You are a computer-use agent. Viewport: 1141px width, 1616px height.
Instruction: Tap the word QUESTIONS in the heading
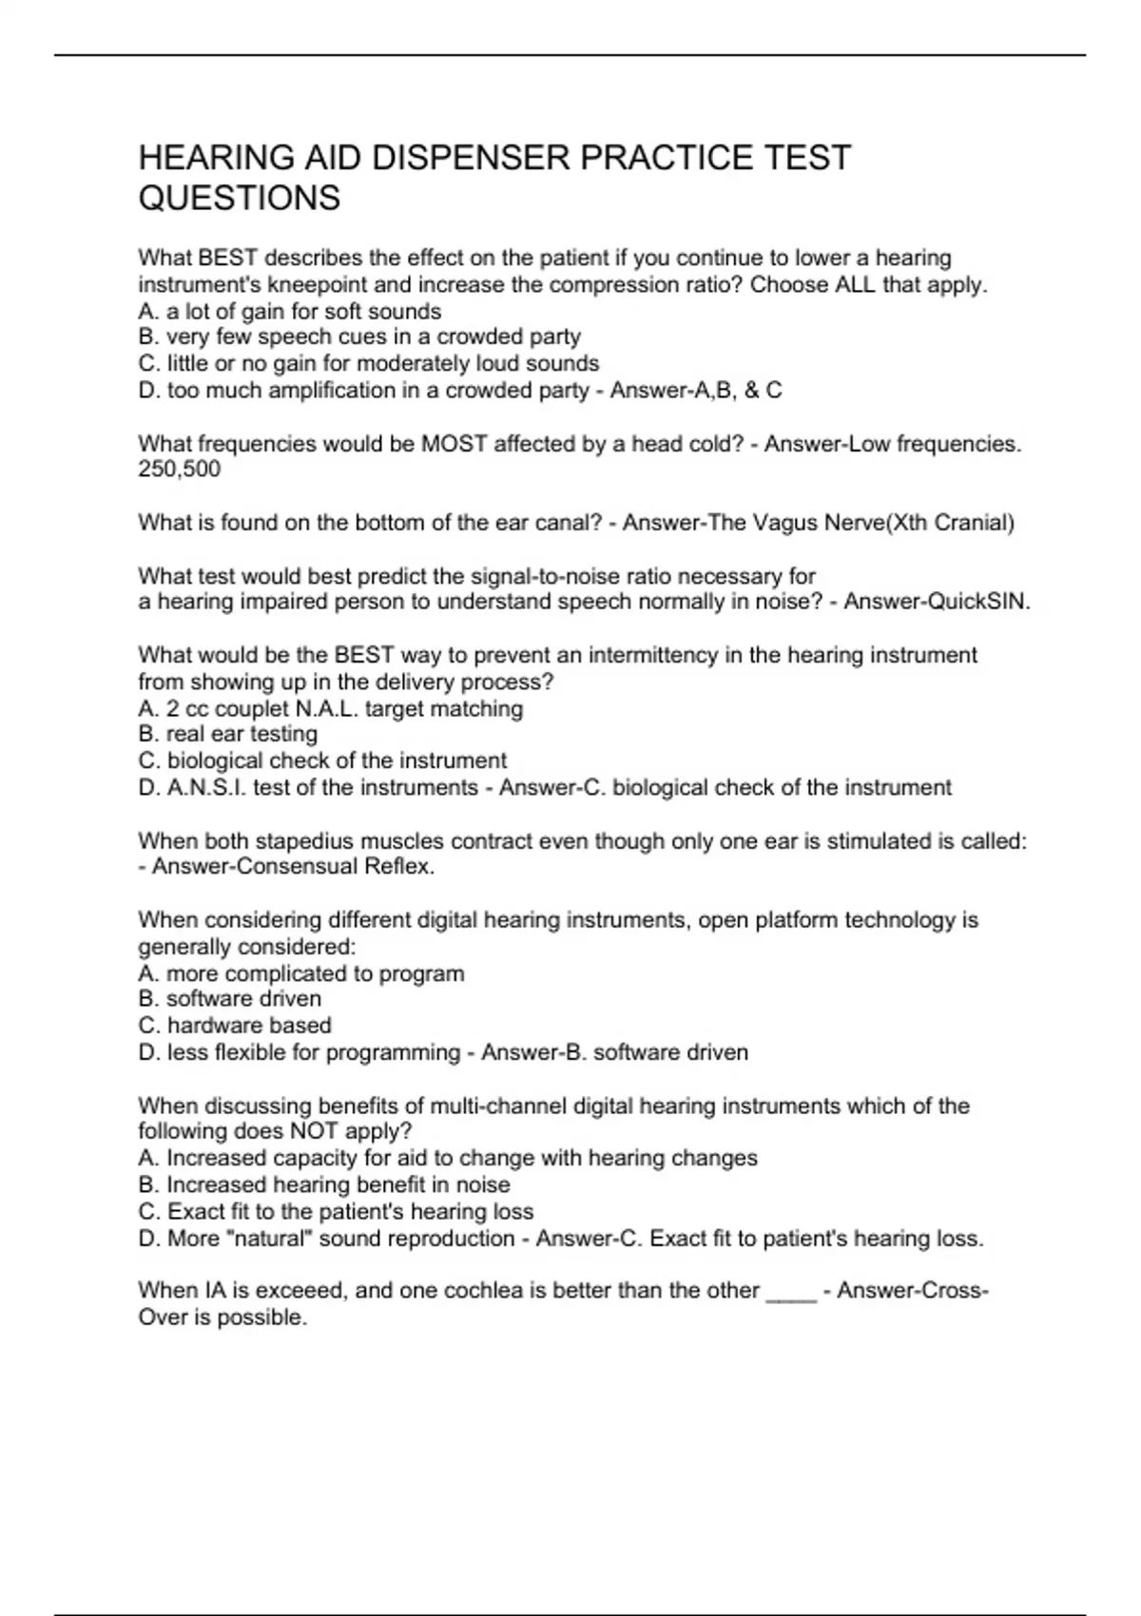coord(240,199)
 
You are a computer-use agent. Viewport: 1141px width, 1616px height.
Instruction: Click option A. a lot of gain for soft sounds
coord(290,311)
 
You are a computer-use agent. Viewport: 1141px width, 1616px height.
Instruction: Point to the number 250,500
coord(179,469)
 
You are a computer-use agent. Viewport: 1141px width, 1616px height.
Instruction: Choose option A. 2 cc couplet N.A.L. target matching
coord(331,708)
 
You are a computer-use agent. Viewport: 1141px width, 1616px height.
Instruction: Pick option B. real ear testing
coord(228,734)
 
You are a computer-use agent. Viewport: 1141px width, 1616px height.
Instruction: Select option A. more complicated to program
coord(301,973)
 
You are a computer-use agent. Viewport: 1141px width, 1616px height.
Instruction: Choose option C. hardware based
coord(235,1026)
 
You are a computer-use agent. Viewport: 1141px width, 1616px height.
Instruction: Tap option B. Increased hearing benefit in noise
coord(324,1184)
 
